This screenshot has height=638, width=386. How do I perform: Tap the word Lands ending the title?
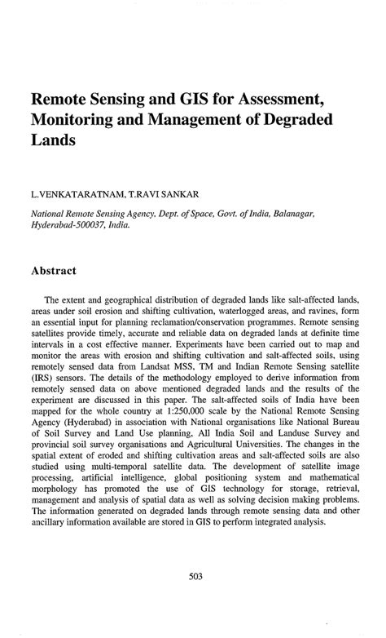pyautogui.click(x=54, y=141)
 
